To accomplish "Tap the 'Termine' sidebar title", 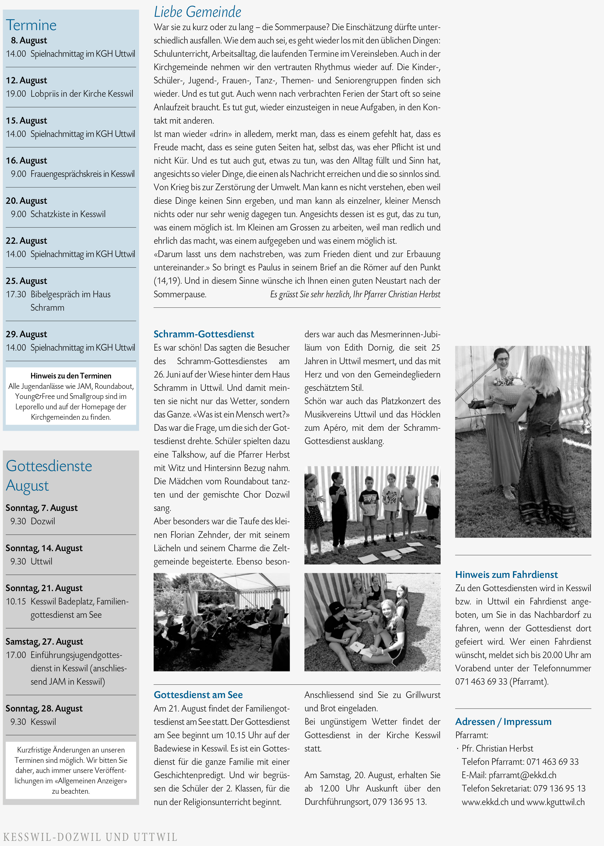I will click(x=31, y=25).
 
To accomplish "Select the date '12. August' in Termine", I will click(x=26, y=80).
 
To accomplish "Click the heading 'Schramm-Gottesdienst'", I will click(x=204, y=334).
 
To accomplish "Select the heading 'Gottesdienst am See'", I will click(x=198, y=695).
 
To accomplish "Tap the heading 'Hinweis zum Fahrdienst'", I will click(x=506, y=575).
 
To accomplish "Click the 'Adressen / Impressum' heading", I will click(x=503, y=721).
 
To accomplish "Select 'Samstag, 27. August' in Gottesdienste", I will click(x=44, y=641).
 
